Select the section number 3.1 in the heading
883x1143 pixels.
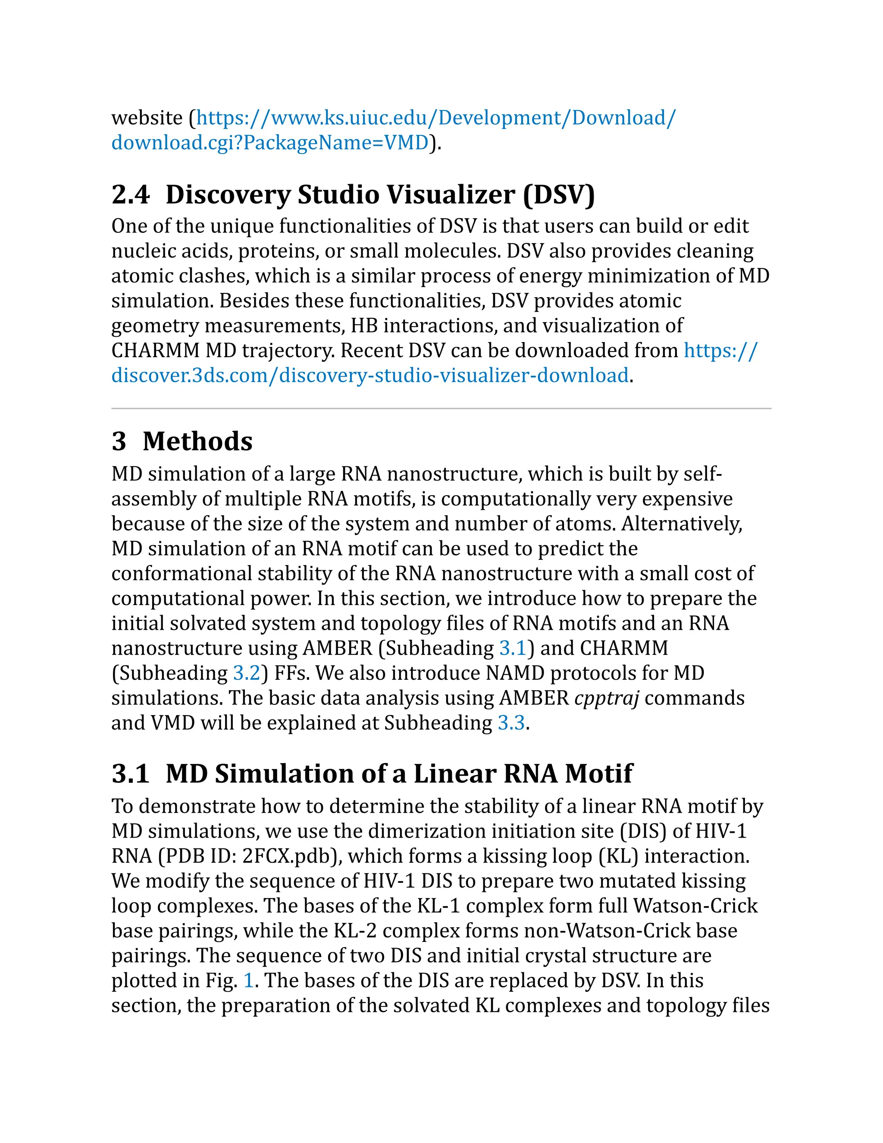[130, 773]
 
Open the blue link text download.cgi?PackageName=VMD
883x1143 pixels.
[270, 143]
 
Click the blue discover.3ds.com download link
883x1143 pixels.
[370, 375]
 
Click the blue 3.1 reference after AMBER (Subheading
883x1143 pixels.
[513, 648]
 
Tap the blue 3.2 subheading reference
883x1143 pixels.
[246, 673]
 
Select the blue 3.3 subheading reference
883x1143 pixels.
[511, 723]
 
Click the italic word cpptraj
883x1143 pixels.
[607, 698]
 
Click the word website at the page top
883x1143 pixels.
[147, 118]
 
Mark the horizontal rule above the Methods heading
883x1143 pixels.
[441, 408]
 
